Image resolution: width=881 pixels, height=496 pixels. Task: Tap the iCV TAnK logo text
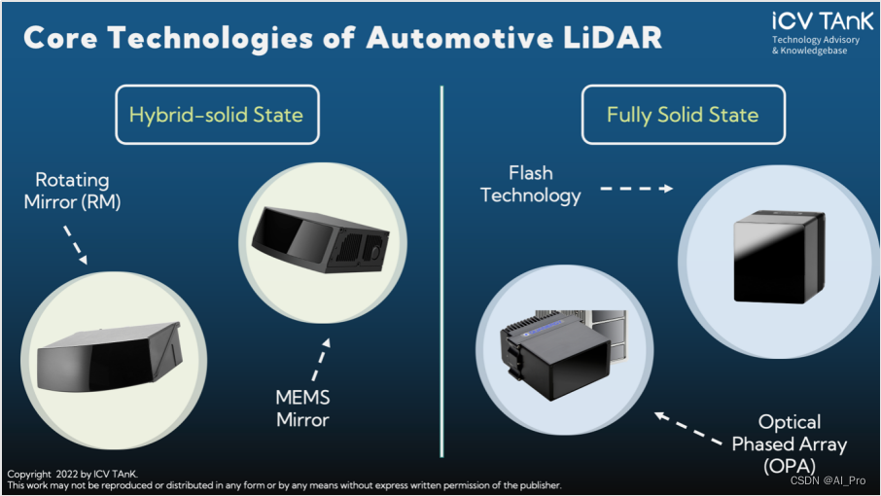(822, 21)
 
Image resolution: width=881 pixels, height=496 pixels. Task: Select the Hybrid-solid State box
(218, 115)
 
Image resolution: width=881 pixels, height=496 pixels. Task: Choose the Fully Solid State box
(684, 115)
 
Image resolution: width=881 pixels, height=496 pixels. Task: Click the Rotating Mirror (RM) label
(73, 191)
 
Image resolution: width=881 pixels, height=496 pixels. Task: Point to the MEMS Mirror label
(302, 408)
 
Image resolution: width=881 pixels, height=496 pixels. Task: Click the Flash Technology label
(531, 184)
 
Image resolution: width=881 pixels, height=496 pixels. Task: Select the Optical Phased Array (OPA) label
(790, 443)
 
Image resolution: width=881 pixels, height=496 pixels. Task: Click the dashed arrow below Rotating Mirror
(75, 245)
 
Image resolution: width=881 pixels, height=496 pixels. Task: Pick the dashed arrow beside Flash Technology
(637, 189)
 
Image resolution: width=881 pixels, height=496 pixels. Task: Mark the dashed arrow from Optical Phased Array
(688, 429)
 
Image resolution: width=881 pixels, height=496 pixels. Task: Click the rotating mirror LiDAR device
(110, 357)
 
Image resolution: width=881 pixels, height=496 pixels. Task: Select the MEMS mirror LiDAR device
(320, 239)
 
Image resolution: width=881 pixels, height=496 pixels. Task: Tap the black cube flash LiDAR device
(779, 257)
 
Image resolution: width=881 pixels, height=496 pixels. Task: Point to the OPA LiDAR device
(562, 354)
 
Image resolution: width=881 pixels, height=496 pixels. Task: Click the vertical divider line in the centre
(442, 271)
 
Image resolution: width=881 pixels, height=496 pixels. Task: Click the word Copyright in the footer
(29, 474)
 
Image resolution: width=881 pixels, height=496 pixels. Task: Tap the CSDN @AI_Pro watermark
(828, 480)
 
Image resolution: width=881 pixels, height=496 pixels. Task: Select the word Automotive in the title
(460, 38)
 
